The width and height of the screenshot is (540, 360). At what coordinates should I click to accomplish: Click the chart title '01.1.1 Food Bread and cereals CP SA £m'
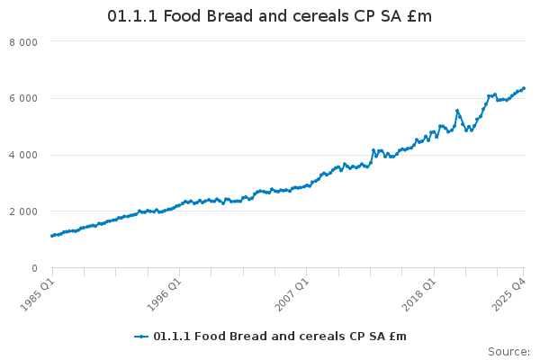coord(269,17)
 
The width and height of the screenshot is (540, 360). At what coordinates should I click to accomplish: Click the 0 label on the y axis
coord(34,269)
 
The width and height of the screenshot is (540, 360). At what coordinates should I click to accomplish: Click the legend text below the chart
coord(279,337)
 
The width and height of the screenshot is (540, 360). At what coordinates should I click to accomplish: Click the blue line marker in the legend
coord(141,337)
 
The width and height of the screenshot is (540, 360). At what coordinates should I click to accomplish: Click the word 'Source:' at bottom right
coord(508,351)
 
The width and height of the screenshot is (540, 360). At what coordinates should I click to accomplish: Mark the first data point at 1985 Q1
coord(52,236)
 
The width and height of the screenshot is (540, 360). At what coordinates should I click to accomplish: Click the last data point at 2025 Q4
coord(524,88)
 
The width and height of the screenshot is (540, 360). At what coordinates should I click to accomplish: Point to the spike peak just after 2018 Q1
coord(457,111)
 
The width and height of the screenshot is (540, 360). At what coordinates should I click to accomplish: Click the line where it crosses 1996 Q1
coord(179,205)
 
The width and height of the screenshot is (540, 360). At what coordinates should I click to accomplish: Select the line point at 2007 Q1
coord(306,185)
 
